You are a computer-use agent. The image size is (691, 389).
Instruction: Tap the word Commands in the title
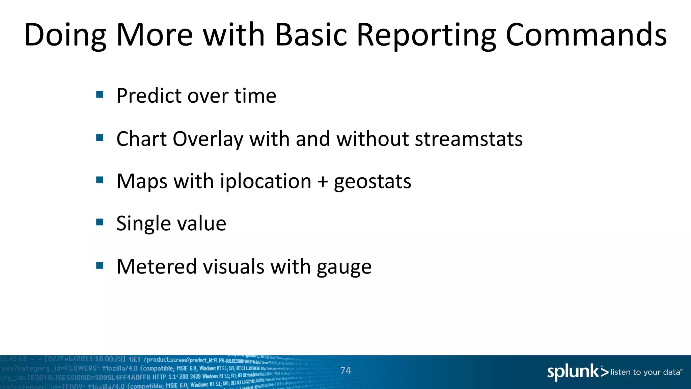click(586, 35)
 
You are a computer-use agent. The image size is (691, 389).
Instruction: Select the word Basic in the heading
click(311, 35)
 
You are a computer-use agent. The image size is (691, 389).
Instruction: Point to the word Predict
click(149, 96)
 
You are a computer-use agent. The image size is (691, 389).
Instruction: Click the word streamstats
click(469, 139)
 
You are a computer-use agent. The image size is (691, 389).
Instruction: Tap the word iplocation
click(266, 182)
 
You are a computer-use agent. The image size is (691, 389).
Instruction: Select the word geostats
click(372, 182)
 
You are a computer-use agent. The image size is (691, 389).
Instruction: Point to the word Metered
click(156, 266)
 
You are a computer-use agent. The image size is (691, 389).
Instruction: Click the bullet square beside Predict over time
click(100, 94)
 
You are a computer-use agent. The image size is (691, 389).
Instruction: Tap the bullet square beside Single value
click(100, 222)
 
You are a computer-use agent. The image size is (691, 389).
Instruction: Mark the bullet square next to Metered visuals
click(100, 265)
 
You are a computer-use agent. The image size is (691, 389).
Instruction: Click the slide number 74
click(345, 370)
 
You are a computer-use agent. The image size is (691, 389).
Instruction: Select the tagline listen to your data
click(645, 372)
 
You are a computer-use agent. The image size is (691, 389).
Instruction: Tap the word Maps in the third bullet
click(142, 182)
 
